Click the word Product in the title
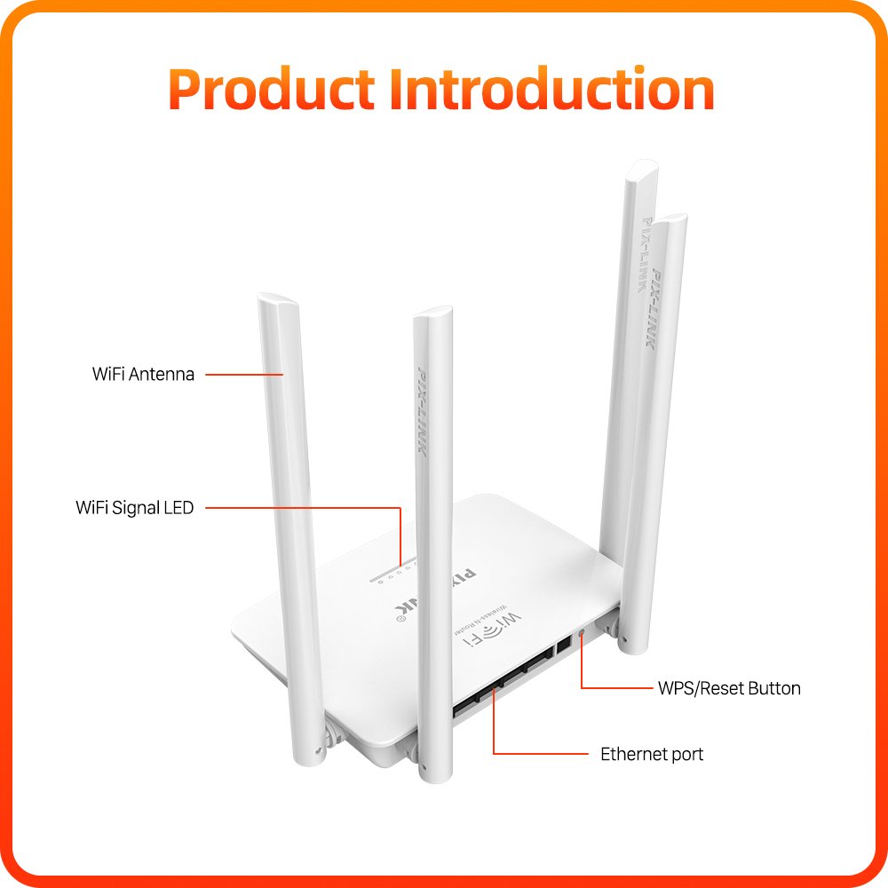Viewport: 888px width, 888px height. (272, 90)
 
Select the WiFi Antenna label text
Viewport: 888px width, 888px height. (143, 375)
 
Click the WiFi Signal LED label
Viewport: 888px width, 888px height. (135, 508)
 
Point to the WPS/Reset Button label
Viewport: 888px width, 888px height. (729, 688)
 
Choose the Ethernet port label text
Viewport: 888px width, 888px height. (652, 754)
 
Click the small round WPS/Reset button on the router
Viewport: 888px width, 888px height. (581, 632)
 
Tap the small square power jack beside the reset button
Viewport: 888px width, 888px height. (564, 645)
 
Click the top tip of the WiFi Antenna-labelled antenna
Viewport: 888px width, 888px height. (278, 297)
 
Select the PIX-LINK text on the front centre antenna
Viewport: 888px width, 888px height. (423, 409)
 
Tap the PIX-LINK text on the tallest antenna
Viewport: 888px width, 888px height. (645, 255)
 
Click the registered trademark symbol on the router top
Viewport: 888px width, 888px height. (401, 619)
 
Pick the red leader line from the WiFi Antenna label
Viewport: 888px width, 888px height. (244, 375)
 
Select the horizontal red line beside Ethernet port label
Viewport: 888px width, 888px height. (541, 754)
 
